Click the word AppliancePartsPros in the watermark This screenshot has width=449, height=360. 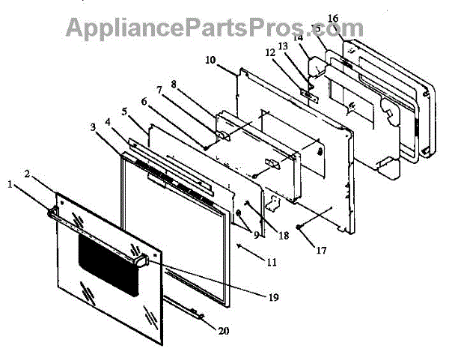(x=172, y=27)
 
